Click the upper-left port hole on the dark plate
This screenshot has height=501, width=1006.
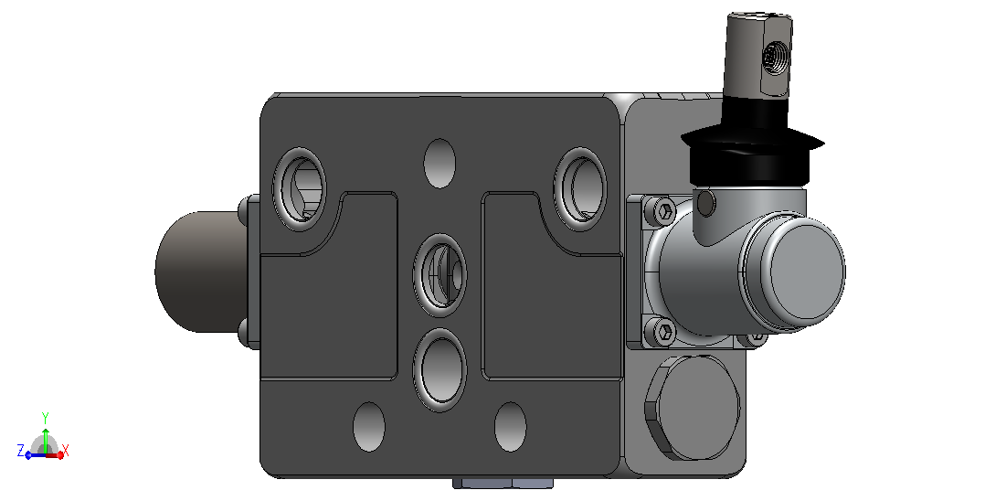coord(300,189)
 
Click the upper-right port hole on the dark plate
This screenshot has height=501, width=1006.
coord(580,189)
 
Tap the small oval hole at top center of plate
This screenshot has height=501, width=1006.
coord(440,164)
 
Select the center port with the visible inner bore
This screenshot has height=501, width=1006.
coord(440,275)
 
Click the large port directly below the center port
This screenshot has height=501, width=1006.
coord(440,370)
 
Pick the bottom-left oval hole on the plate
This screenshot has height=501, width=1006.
coord(369,427)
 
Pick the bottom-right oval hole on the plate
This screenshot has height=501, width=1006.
coord(511,427)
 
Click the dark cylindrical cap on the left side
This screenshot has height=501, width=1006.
coord(200,272)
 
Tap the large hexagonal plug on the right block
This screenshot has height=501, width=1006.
coord(693,407)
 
